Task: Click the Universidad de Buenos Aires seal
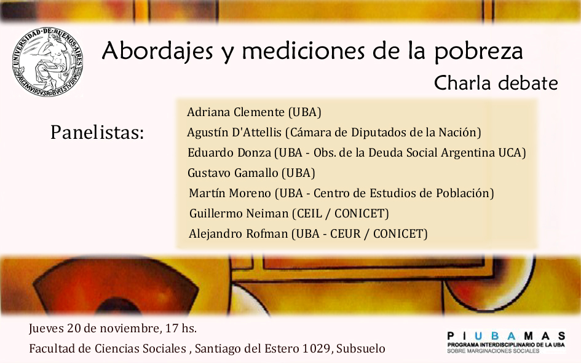pyautogui.click(x=47, y=62)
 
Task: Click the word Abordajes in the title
pyautogui.click(x=157, y=52)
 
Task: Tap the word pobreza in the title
pyautogui.click(x=478, y=52)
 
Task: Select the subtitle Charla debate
pyautogui.click(x=496, y=83)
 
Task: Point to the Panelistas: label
pyautogui.click(x=97, y=132)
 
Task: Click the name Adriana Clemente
pyautogui.click(x=235, y=112)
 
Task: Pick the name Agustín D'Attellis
pyautogui.click(x=234, y=132)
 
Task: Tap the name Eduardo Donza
pyautogui.click(x=229, y=152)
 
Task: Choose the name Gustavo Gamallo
pyautogui.click(x=232, y=173)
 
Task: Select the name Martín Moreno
pyautogui.click(x=230, y=193)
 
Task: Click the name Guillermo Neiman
pyautogui.click(x=239, y=214)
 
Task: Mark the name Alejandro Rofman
pyautogui.click(x=239, y=234)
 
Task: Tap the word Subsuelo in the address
pyautogui.click(x=361, y=349)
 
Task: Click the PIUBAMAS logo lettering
pyautogui.click(x=506, y=336)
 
